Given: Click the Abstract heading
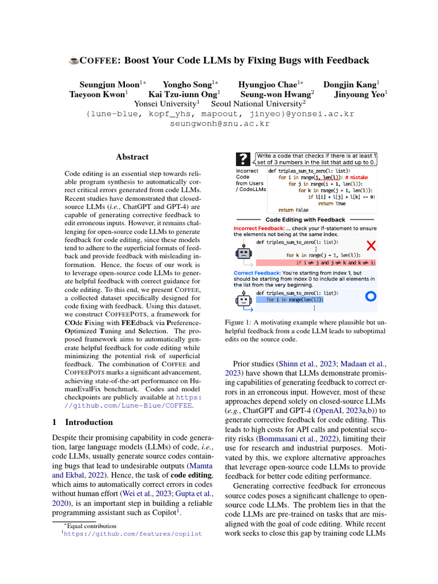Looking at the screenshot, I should pyautogui.click(x=132, y=157).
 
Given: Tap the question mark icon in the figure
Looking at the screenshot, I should pyautogui.click(x=244, y=158).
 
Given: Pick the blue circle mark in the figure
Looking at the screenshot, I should pyautogui.click(x=370, y=296).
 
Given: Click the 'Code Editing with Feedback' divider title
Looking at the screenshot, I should pyautogui.click(x=305, y=220).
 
